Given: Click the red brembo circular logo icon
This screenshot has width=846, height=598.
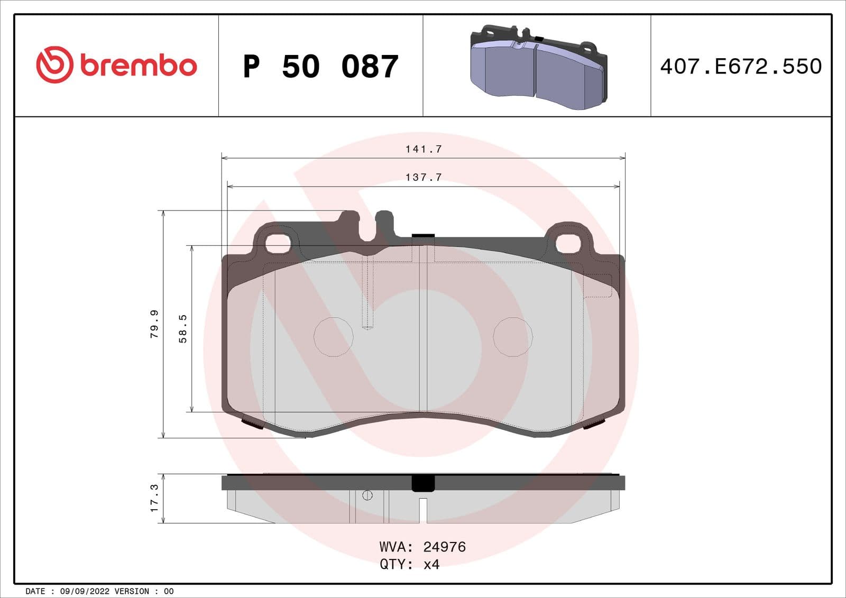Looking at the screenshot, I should [x=54, y=65].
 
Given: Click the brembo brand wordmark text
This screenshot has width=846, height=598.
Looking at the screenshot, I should [x=139, y=66].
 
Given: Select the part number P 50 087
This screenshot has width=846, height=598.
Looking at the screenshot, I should [x=320, y=67].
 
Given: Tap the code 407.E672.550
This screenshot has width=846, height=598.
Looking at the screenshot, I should [x=741, y=67].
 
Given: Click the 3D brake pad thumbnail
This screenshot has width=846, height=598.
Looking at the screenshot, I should [x=538, y=68].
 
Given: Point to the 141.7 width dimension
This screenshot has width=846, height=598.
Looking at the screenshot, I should [x=423, y=149].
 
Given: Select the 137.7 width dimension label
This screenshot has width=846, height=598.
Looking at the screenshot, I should [x=423, y=177].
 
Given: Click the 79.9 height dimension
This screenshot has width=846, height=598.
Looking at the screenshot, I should [x=154, y=324].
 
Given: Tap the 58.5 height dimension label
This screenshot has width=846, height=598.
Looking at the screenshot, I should [x=182, y=328].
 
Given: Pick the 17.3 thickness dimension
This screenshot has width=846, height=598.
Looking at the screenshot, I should [x=154, y=498].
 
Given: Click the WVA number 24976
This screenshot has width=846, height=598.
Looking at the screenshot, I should [x=444, y=547].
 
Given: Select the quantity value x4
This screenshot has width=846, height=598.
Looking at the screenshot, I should [x=431, y=565].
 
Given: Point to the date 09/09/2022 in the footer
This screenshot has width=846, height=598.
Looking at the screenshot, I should [x=85, y=591].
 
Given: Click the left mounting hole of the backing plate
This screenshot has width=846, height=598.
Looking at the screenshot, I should [x=278, y=243].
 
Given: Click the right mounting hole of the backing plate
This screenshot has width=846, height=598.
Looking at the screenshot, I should [x=568, y=243].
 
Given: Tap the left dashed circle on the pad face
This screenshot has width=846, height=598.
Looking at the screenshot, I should [x=333, y=337].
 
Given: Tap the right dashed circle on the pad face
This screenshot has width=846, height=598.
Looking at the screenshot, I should [x=512, y=337].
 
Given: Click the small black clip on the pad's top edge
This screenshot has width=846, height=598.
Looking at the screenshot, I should [x=423, y=236].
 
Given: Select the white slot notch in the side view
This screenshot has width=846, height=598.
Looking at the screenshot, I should [x=423, y=510].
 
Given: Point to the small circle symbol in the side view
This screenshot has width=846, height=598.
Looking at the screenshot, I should [x=367, y=495].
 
